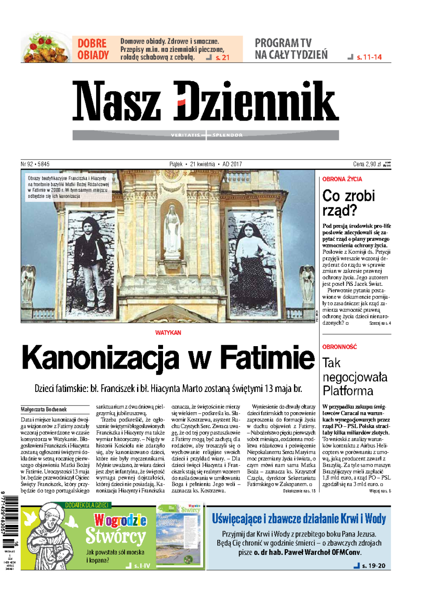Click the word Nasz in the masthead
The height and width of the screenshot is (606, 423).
[x=116, y=101]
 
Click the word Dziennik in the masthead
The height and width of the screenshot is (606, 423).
[x=256, y=101]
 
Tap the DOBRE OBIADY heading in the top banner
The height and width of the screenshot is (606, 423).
[x=93, y=49]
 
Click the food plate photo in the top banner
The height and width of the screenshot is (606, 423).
[x=46, y=48]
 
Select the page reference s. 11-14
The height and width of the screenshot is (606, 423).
[x=369, y=57]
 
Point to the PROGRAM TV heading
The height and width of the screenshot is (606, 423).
[x=283, y=43]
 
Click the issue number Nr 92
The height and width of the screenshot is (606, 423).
[x=26, y=164]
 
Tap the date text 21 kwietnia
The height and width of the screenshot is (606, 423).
[x=203, y=164]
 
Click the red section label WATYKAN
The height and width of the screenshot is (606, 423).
[x=168, y=333]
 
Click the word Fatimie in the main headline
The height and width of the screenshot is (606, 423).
[x=267, y=358]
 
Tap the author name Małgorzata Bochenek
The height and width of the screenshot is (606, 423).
[x=44, y=410]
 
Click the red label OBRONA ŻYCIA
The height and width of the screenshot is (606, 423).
[x=342, y=179]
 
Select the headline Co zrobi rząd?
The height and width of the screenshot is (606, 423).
[x=348, y=203]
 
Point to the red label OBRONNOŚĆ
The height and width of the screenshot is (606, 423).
[x=339, y=347]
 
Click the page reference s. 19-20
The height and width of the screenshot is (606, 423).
[x=373, y=566]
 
